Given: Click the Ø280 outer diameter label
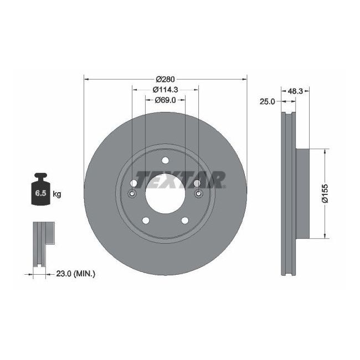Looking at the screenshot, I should pyautogui.click(x=165, y=79).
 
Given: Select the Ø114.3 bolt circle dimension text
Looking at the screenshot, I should pyautogui.click(x=165, y=89).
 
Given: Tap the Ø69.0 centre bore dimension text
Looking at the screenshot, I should pyautogui.click(x=165, y=100).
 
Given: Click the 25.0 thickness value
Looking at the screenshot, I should pyautogui.click(x=268, y=101).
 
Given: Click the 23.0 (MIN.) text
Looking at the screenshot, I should pyautogui.click(x=76, y=273).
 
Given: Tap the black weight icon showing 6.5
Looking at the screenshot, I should pyautogui.click(x=40, y=191).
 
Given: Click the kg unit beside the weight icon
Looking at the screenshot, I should pyautogui.click(x=56, y=194).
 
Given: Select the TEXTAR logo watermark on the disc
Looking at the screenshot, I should pyautogui.click(x=181, y=179).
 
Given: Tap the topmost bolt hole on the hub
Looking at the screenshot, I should pyautogui.click(x=165, y=161).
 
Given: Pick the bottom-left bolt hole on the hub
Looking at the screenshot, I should pyautogui.click(x=146, y=220).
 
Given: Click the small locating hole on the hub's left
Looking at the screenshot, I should pyautogui.click(x=132, y=193).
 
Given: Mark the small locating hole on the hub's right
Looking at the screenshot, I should pyautogui.click(x=198, y=193).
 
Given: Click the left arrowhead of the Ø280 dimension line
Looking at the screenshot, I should pyautogui.click(x=86, y=79).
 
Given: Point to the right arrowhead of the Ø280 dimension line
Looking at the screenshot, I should pyautogui.click(x=244, y=79).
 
